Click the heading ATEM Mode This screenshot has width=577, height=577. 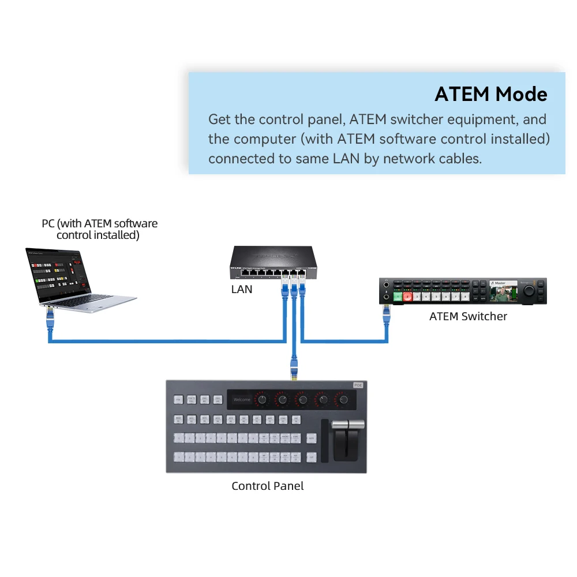490,94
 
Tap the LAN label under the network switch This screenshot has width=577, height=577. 242,289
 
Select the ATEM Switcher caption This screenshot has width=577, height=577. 468,316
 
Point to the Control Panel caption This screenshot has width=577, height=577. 267,486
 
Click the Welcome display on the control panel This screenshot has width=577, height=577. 242,399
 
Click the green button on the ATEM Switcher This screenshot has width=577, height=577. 398,297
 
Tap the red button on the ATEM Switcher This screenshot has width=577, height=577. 408,297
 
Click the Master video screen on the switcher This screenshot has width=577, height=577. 503,291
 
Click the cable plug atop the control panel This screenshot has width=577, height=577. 294,370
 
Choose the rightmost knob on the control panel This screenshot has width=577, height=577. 344,399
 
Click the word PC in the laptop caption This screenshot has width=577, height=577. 48,224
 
